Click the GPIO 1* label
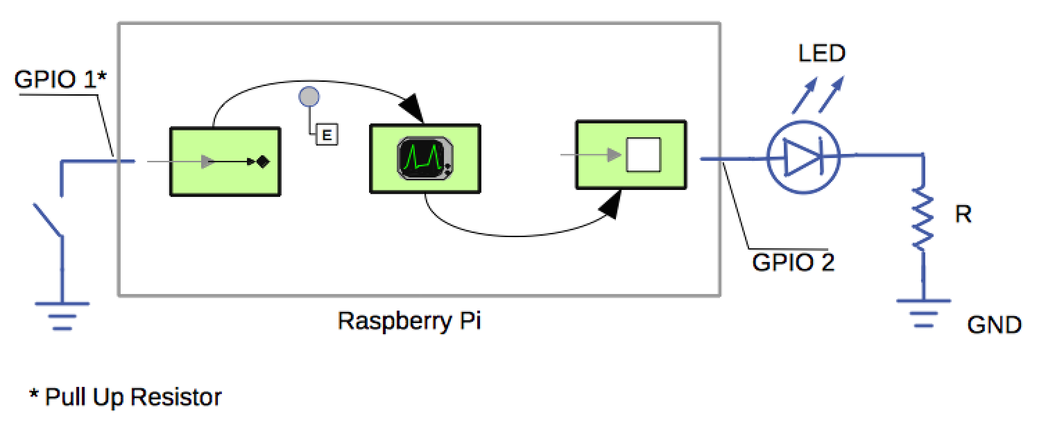pyautogui.click(x=60, y=80)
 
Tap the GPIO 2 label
pyautogui.click(x=793, y=262)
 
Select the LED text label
pyautogui.click(x=822, y=53)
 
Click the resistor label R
pyautogui.click(x=963, y=215)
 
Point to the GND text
pyautogui.click(x=994, y=324)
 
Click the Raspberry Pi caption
pyautogui.click(x=409, y=321)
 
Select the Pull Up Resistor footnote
pyautogui.click(x=125, y=397)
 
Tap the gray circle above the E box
pyautogui.click(x=308, y=97)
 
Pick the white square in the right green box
pyautogui.click(x=643, y=155)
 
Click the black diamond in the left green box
pyautogui.click(x=262, y=162)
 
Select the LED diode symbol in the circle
pyautogui.click(x=803, y=158)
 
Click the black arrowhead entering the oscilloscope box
pyautogui.click(x=415, y=110)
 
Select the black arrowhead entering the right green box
pyautogui.click(x=610, y=205)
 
